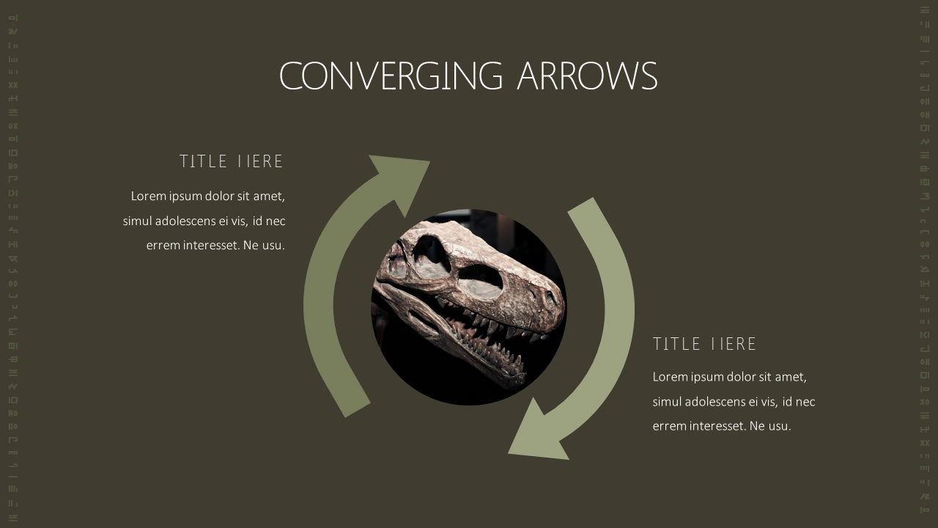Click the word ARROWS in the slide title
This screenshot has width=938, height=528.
point(587,76)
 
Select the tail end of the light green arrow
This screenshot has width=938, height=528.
point(581,206)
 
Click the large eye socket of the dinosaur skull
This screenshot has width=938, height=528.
point(480,282)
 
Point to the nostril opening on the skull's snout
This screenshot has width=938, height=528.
point(550,298)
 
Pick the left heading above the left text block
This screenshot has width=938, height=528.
point(232,161)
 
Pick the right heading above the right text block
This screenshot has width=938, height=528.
point(705,344)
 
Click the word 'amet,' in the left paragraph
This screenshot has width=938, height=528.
point(269,196)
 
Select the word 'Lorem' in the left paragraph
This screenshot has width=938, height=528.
point(147,196)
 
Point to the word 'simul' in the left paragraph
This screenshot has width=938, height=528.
point(137,221)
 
